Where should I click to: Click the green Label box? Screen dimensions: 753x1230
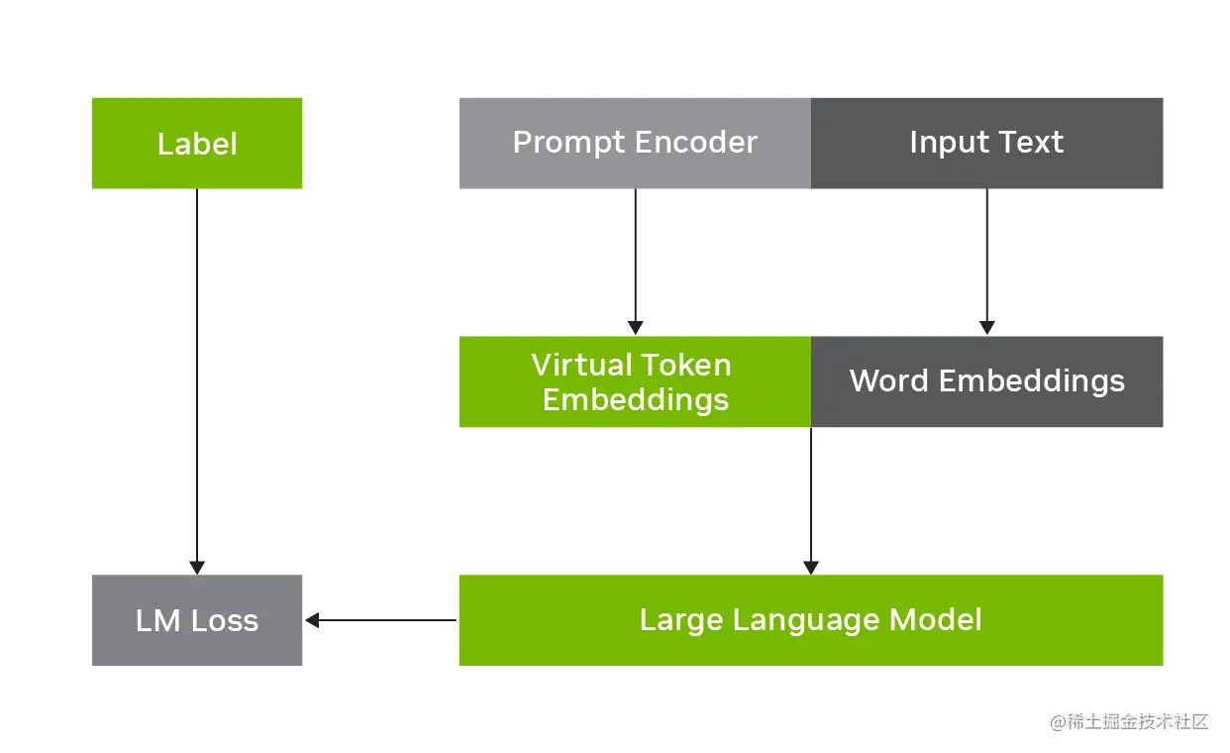196,143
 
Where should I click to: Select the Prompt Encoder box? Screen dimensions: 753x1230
635,143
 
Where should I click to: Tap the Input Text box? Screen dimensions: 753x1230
986,143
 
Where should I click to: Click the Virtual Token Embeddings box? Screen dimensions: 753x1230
635,381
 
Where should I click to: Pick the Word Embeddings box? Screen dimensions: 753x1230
986,381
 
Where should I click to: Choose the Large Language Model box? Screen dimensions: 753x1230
810,620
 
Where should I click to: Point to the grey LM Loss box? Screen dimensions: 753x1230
196,620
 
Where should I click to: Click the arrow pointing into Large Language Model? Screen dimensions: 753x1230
810,500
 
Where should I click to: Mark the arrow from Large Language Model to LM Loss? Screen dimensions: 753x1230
381,620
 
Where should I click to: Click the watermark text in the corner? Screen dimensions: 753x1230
1129,721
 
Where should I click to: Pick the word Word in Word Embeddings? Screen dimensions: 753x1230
888,381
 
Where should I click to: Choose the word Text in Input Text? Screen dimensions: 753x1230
1031,143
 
